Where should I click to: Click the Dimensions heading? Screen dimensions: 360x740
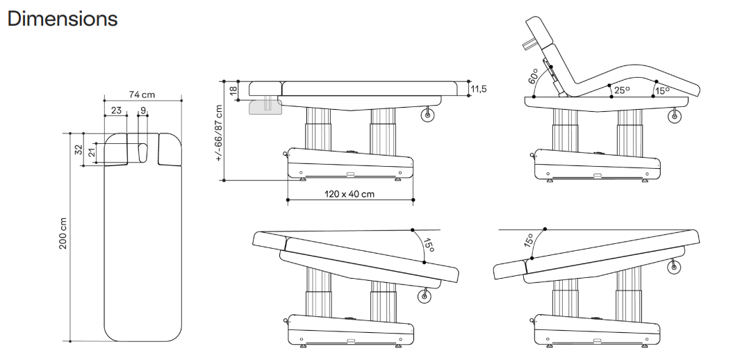point(63,19)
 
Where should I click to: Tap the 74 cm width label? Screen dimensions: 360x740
point(142,95)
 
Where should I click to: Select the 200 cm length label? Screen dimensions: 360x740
point(63,234)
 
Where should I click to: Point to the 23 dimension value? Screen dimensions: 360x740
point(115,110)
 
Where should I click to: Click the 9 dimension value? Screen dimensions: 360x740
point(142,110)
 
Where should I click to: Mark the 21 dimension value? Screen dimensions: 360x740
point(90,153)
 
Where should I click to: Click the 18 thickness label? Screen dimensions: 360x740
point(233,88)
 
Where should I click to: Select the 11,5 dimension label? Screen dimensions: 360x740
point(478,88)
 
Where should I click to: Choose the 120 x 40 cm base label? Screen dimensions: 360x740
point(349,194)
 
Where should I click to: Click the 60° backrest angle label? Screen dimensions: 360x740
point(534,75)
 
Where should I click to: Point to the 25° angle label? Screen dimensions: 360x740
point(621,90)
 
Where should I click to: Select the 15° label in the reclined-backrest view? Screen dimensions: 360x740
point(662,90)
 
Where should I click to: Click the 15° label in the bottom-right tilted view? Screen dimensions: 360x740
point(529,240)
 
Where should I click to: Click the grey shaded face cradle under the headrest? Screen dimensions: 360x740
point(264,106)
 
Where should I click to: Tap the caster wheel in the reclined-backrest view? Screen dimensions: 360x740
point(674,116)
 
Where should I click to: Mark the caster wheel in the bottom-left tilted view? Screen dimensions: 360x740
point(422,297)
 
